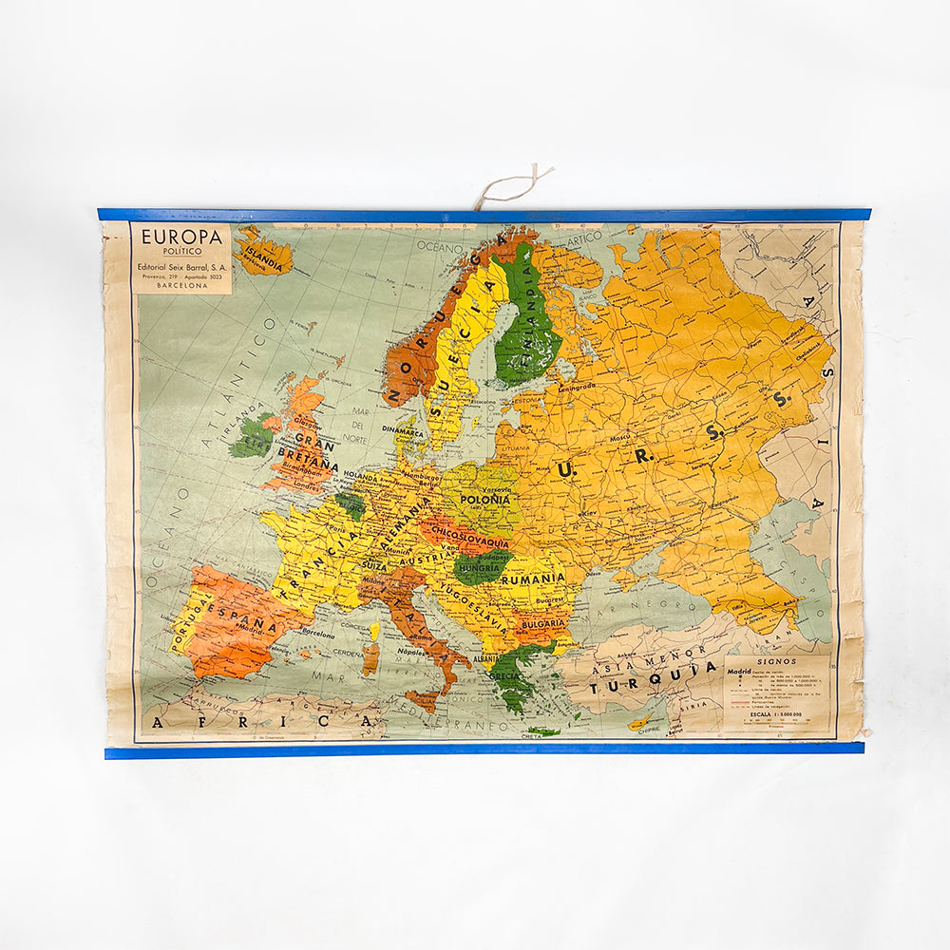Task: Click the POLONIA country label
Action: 484,499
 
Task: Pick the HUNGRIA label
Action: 479,567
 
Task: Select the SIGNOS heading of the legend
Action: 776,659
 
